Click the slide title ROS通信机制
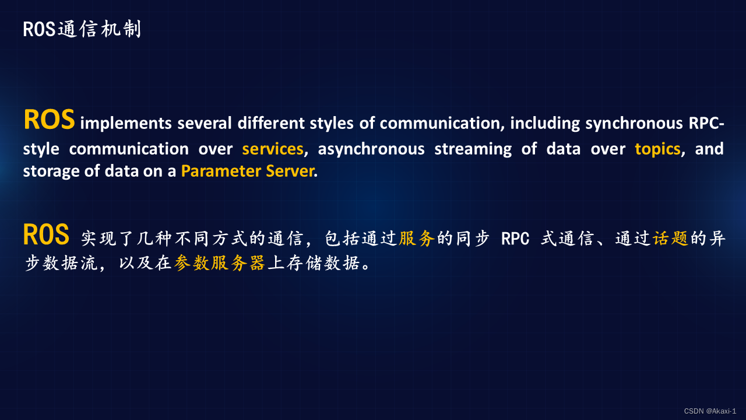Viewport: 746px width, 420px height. [82, 29]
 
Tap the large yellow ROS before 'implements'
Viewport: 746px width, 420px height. [49, 120]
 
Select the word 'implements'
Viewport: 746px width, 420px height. [125, 124]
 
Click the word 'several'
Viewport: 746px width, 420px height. [201, 124]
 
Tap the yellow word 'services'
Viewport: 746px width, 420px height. [273, 149]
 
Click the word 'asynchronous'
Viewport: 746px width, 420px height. [371, 149]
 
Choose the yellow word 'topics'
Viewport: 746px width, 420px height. [657, 149]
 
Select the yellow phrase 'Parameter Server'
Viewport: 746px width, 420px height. [247, 172]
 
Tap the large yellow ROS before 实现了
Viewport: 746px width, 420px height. [46, 235]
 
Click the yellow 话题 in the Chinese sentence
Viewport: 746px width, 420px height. [671, 239]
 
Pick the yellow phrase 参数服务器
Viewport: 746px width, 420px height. [220, 263]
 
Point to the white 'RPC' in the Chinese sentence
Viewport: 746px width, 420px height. [515, 239]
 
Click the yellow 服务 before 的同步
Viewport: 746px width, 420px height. [417, 239]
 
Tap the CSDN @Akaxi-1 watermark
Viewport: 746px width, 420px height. [710, 411]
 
